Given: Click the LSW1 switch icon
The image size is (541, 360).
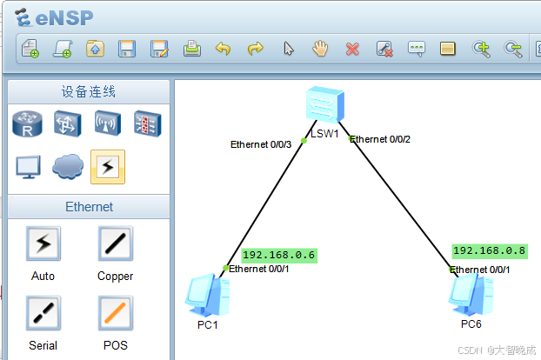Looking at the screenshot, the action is click(324, 106).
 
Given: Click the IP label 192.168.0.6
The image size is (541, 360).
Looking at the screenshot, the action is click(278, 255).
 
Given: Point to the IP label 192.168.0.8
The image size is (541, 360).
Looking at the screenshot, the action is click(489, 250).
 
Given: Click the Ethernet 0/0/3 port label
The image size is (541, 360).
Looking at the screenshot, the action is click(261, 144).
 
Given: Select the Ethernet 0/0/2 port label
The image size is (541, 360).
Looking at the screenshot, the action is click(380, 139).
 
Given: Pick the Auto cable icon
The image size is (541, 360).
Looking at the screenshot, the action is click(43, 244).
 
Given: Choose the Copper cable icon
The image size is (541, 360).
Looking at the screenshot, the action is click(115, 244).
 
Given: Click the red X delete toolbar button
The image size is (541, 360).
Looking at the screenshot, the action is click(352, 49).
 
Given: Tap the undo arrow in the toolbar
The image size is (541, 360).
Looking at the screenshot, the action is click(223, 49).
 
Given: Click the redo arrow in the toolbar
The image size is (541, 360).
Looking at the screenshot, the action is click(255, 49).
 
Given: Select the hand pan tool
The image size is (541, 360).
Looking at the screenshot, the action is click(320, 49).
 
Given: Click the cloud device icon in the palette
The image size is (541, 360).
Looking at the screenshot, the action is click(68, 165).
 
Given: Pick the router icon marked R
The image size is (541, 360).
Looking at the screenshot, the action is click(27, 123).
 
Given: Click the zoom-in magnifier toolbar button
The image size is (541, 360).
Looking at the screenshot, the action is click(481, 49).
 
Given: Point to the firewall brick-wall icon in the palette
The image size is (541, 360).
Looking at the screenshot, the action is click(147, 123).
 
